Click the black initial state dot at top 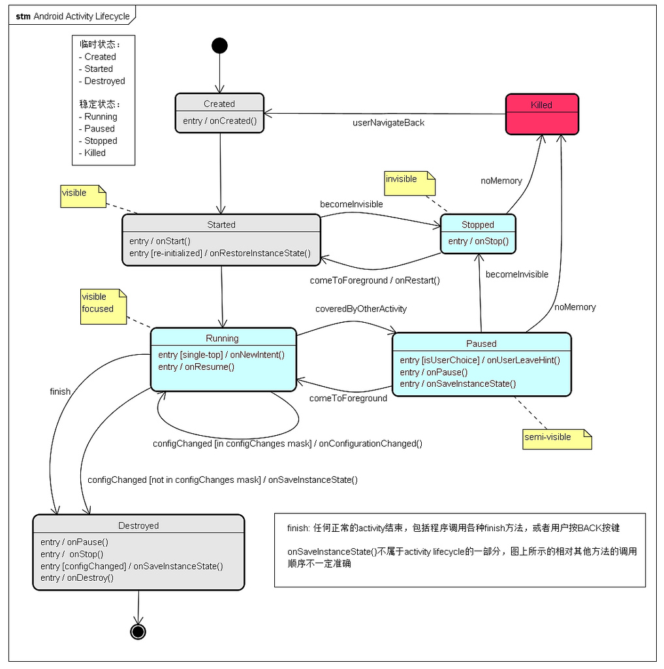point(219,45)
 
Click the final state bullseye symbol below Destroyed point(138,631)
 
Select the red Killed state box point(542,114)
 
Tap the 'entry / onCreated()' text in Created point(220,121)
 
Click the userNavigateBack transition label point(388,123)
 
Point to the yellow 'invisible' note point(409,183)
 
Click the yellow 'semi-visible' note point(557,439)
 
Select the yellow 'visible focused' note point(103,305)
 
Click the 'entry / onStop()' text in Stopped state point(478,241)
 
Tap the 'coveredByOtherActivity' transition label point(361,308)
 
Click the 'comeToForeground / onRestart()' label point(375,280)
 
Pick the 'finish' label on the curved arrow point(60,391)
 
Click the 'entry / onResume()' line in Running point(197,367)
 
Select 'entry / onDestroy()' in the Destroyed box point(77,578)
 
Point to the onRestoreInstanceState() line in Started point(220,253)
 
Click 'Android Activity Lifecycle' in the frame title point(82,16)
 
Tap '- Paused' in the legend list point(97,129)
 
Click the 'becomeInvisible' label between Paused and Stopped point(516,274)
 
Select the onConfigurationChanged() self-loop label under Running point(287,444)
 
